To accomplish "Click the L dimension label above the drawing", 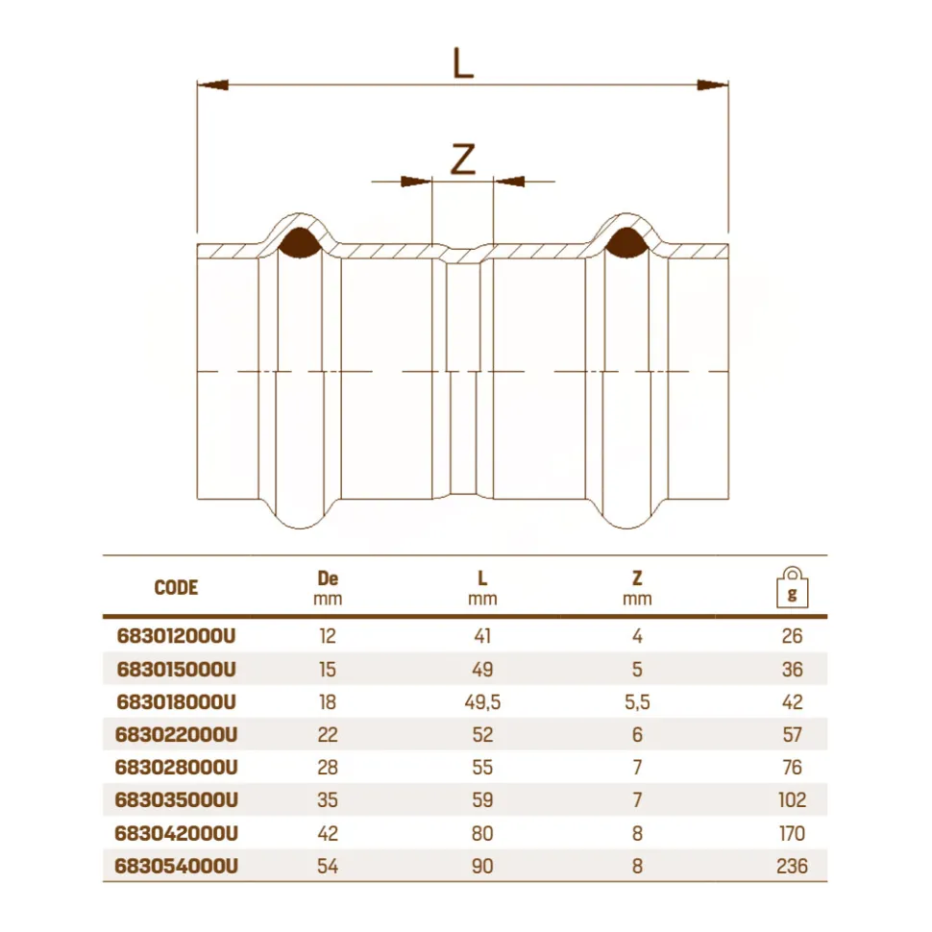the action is click(463, 63).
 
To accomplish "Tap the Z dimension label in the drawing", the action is click(463, 159).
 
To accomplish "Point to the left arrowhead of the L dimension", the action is click(212, 85).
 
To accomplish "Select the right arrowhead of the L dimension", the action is click(713, 85).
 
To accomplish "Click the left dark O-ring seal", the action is click(300, 244).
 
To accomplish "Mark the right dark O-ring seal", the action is click(626, 244).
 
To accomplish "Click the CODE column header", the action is click(176, 588).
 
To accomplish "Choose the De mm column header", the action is click(328, 588).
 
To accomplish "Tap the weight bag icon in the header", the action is click(793, 587).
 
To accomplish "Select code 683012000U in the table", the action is click(177, 636).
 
